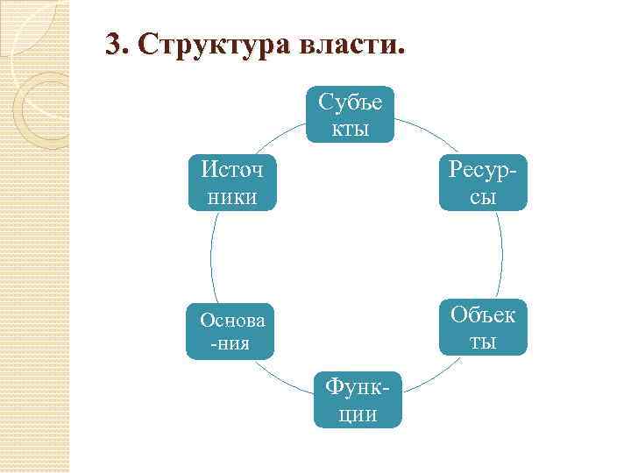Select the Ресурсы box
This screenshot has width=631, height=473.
click(484, 183)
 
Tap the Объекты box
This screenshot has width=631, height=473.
click(484, 327)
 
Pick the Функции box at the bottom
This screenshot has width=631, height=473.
click(358, 399)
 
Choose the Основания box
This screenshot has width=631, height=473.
click(230, 330)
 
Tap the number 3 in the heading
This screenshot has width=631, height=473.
click(112, 45)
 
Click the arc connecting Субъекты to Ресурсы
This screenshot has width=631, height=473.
click(429, 136)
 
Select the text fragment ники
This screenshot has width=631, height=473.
click(231, 198)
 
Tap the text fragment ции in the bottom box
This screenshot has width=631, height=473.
click(358, 414)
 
